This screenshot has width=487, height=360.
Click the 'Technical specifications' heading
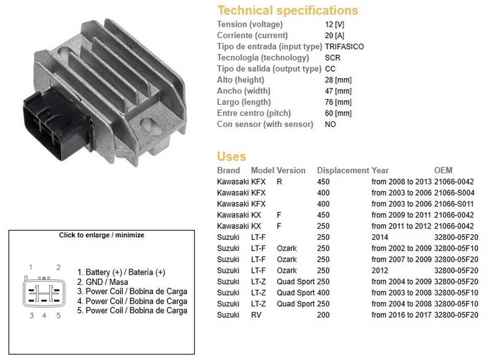click(x=287, y=10)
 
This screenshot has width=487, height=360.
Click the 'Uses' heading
click(x=231, y=156)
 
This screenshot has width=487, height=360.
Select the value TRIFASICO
click(x=344, y=47)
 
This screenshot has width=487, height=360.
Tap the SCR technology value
click(x=333, y=58)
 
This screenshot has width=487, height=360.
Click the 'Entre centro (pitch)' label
click(x=254, y=113)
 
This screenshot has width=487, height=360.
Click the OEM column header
click(x=443, y=170)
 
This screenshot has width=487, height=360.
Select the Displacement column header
click(x=343, y=170)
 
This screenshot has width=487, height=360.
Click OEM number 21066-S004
click(x=454, y=193)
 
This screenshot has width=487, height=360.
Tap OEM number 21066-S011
click(x=454, y=204)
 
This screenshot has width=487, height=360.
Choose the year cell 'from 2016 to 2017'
click(x=402, y=315)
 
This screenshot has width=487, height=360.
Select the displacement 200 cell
click(x=323, y=315)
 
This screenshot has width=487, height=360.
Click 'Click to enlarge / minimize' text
click(x=101, y=235)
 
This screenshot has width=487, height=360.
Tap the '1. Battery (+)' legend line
click(x=121, y=272)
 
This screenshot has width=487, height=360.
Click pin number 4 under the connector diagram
click(x=44, y=315)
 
